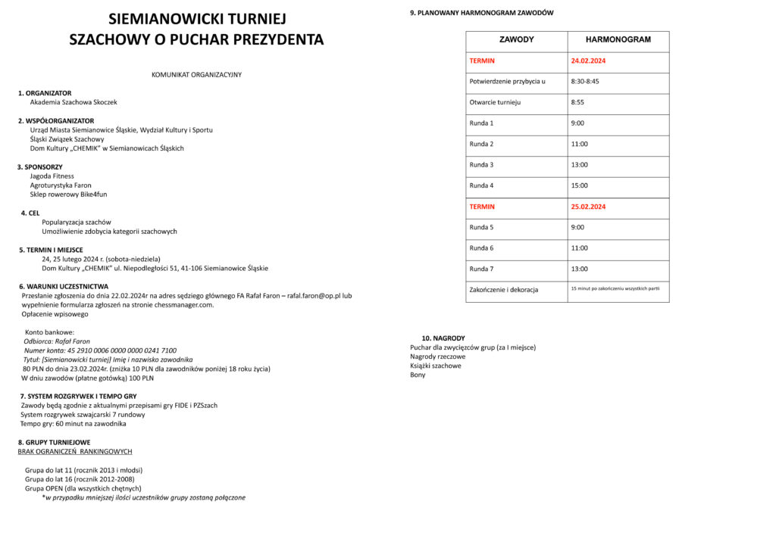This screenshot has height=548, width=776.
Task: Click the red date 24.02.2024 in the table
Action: [x=588, y=61]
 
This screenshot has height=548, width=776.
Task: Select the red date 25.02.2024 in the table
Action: [x=588, y=207]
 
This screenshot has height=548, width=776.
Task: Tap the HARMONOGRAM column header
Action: [x=618, y=39]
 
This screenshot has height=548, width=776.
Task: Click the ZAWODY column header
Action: [x=516, y=39]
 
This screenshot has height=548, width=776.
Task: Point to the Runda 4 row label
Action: [x=481, y=185]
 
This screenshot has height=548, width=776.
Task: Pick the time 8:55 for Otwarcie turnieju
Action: [x=577, y=102]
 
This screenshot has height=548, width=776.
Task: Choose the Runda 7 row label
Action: [x=481, y=269]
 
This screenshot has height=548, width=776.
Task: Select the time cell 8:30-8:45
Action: [x=585, y=81]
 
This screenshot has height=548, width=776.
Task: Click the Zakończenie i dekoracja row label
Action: [x=503, y=290]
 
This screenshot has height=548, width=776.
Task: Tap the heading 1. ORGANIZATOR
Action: [x=45, y=93]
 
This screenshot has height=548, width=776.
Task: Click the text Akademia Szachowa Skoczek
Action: [x=74, y=102]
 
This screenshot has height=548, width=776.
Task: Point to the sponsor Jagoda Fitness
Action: [x=52, y=176]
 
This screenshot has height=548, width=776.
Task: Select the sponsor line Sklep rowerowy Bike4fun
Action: [x=68, y=195]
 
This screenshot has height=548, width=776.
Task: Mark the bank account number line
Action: [x=100, y=350]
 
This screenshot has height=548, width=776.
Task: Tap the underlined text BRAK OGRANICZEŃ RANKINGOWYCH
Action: [x=75, y=451]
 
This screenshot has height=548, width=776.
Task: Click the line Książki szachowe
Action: [x=436, y=366]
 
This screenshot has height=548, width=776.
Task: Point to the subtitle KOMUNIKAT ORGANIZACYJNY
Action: [x=196, y=75]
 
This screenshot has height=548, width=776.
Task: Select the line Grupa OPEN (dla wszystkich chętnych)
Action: [x=83, y=488]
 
